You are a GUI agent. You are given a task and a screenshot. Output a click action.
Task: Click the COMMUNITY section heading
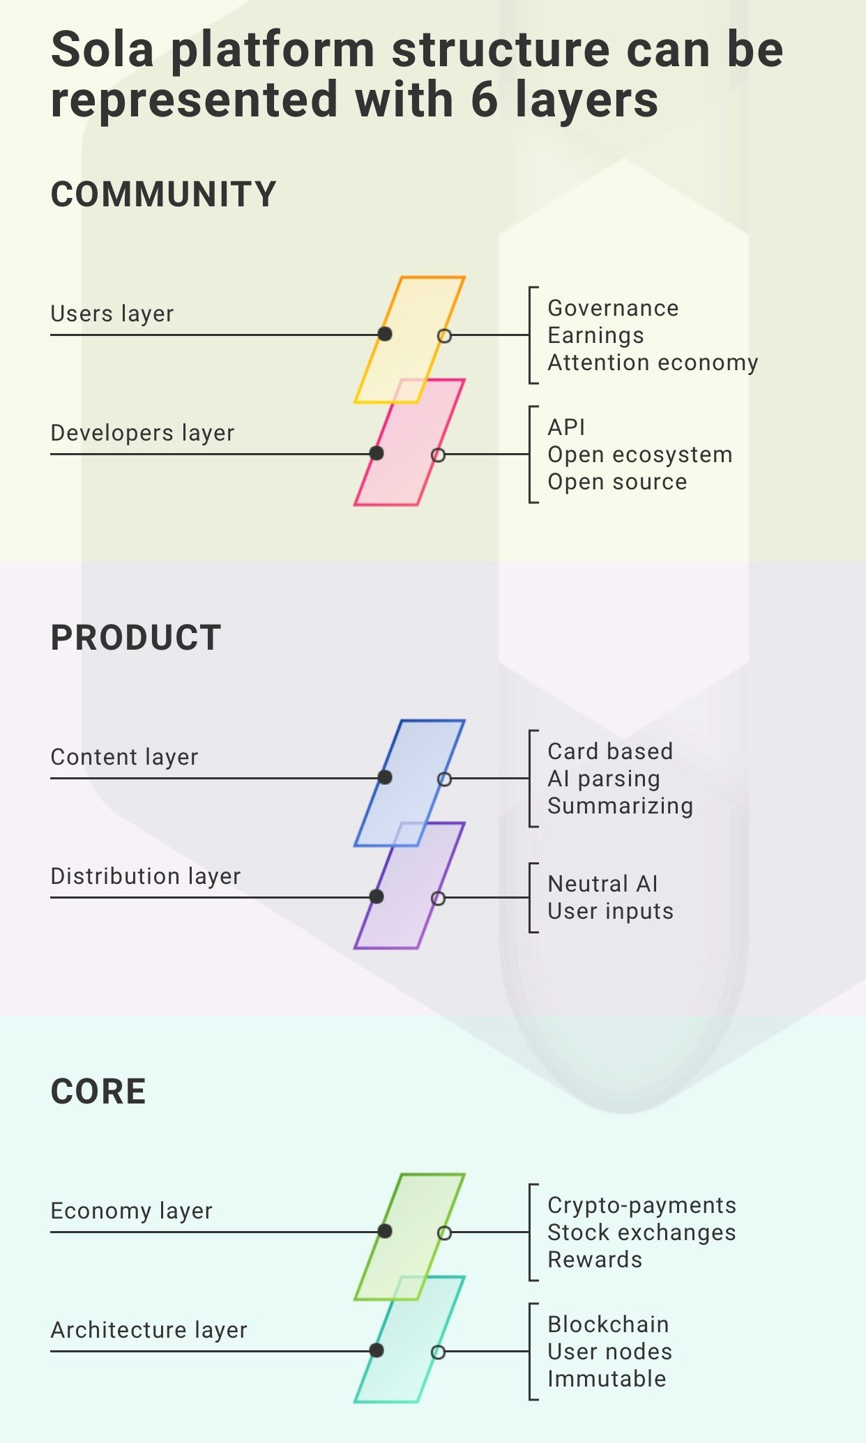(164, 194)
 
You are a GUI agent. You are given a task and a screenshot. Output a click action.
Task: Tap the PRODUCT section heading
(136, 638)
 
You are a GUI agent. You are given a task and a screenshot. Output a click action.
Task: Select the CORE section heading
(98, 1092)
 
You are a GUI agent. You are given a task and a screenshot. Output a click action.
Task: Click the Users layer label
(112, 314)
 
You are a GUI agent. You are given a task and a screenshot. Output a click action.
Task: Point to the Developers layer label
(142, 433)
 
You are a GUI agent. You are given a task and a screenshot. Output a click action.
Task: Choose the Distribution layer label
(145, 876)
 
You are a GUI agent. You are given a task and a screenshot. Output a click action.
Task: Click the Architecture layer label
(149, 1330)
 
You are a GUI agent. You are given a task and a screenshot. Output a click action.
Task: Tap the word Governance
(613, 308)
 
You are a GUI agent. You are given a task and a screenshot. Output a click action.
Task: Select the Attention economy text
(653, 362)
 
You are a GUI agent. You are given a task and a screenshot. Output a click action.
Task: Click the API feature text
(566, 427)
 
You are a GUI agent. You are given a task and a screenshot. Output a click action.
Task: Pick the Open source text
(617, 482)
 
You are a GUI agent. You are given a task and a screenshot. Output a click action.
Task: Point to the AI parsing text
(603, 779)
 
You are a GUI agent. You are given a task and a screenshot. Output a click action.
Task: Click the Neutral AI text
(602, 884)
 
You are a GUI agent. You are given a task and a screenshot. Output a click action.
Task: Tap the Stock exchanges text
(641, 1232)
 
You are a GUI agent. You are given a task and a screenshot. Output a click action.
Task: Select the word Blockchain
(608, 1324)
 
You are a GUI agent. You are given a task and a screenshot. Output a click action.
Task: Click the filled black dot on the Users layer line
(385, 334)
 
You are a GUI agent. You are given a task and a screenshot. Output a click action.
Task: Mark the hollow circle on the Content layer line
(444, 779)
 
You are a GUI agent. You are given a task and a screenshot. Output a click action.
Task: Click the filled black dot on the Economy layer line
(385, 1231)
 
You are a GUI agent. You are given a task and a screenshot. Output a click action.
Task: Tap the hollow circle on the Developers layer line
(438, 455)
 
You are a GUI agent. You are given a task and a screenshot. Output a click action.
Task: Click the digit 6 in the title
(485, 100)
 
